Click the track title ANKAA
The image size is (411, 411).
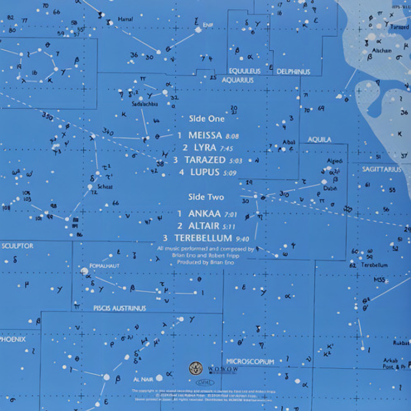(x=202, y=213)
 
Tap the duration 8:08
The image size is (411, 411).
(x=231, y=136)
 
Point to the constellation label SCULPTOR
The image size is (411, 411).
(x=18, y=246)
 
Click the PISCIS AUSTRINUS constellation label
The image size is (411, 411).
(x=120, y=308)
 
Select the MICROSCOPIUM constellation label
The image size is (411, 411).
(x=250, y=361)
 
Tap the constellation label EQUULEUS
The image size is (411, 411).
(x=244, y=71)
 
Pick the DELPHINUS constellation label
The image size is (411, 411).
(x=293, y=71)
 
